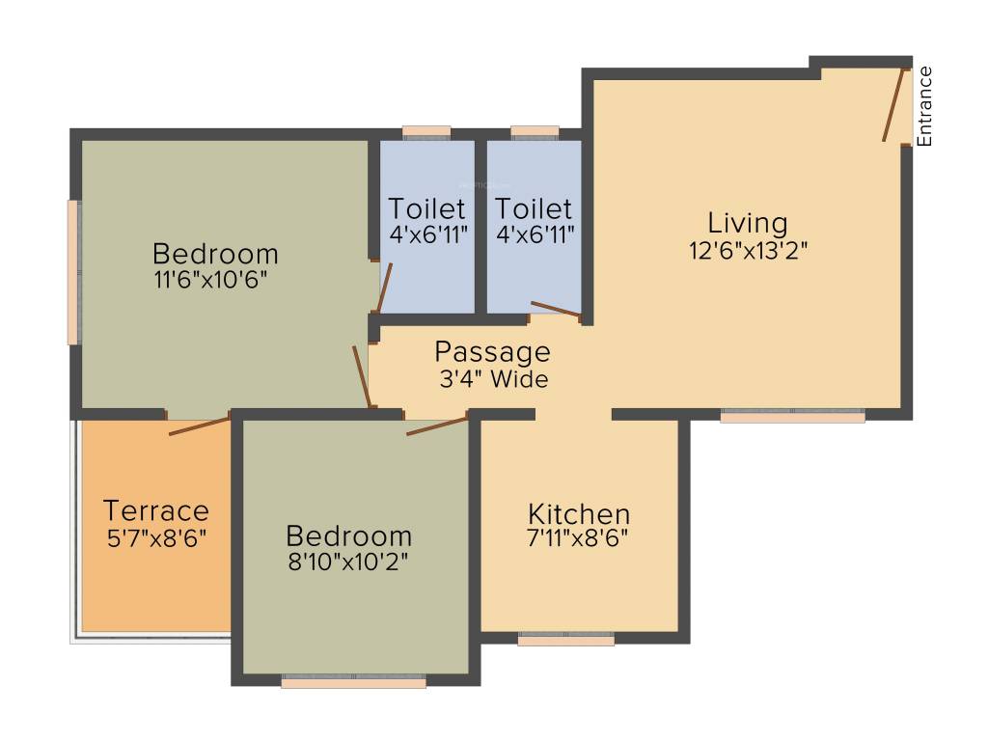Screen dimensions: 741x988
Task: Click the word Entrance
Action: coord(924,106)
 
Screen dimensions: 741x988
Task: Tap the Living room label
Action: coord(748,223)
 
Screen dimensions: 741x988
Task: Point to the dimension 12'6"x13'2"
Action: coord(748,251)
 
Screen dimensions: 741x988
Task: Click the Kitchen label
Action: coord(579,513)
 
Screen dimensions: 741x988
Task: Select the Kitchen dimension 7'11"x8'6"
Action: coord(579,539)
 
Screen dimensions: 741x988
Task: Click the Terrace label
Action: coord(155,509)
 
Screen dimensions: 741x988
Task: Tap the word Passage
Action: coord(492,351)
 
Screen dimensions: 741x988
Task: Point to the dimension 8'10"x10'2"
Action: coord(348,562)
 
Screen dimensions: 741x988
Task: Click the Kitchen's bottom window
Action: coord(565,639)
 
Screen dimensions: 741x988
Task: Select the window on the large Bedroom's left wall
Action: coord(72,271)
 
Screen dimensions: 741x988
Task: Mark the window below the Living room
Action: coord(792,416)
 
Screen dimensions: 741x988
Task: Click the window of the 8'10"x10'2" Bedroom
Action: coord(353,681)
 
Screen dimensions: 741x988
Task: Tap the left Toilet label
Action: coord(427,208)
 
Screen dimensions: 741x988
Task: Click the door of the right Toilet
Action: coord(555,309)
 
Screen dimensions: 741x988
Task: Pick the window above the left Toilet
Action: coord(426,132)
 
